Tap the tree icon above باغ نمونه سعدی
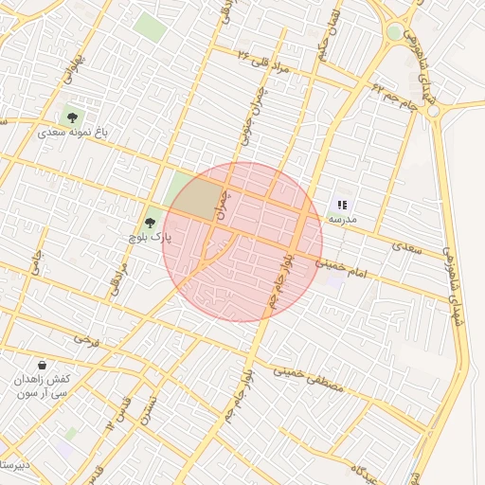coord(72,117)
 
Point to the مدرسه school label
coord(342,219)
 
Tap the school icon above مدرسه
coord(342,204)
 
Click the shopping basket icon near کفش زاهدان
coord(43,364)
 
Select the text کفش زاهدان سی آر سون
coord(43,386)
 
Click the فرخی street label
coord(87,337)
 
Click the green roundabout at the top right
coord(394,31)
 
